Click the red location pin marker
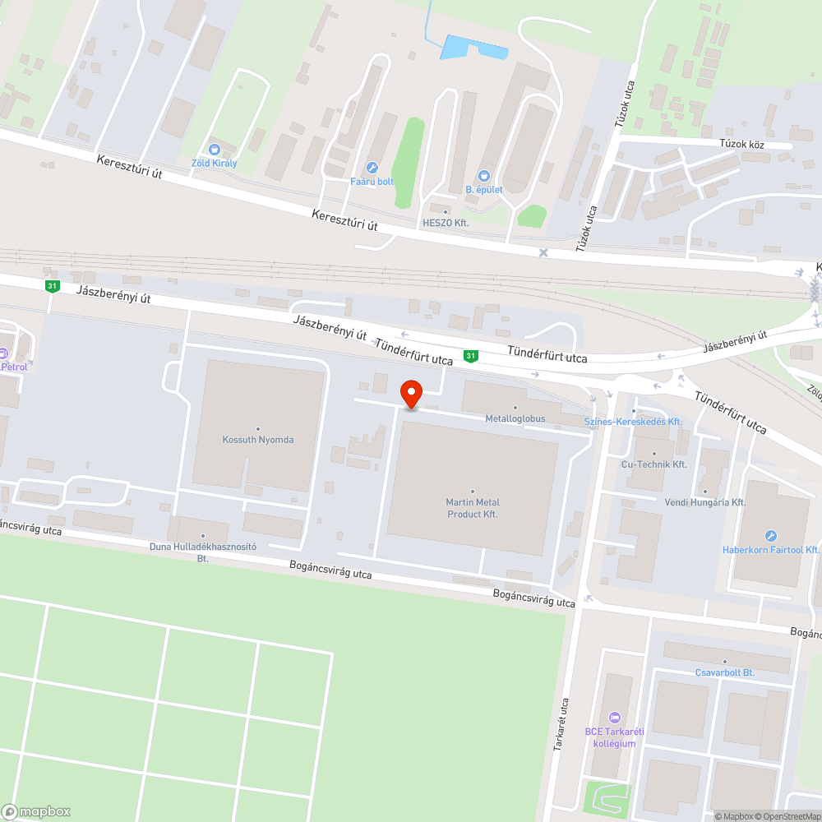click(x=410, y=394)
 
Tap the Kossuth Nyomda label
click(x=257, y=440)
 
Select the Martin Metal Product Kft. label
click(x=473, y=508)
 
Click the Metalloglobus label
click(x=515, y=418)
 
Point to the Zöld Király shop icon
click(x=215, y=150)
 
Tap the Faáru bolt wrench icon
click(x=372, y=167)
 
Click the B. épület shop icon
click(x=483, y=175)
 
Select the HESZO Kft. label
click(x=446, y=223)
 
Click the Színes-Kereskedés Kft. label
click(x=633, y=421)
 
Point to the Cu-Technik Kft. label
click(x=654, y=464)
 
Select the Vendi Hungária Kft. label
click(x=704, y=501)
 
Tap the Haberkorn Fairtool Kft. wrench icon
click(x=770, y=536)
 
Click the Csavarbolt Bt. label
click(x=724, y=672)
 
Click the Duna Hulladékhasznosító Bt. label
click(x=203, y=552)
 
